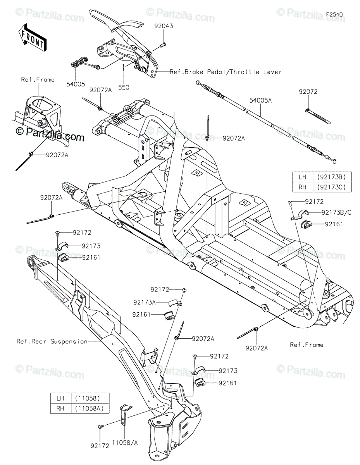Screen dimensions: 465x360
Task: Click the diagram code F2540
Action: pos(334,14)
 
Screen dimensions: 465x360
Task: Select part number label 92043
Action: pos(164,26)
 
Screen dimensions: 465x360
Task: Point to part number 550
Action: pos(124,88)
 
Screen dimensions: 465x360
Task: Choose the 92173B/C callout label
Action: pos(336,212)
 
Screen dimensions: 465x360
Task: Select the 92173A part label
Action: pos(144,302)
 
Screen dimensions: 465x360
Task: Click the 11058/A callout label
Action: pos(125,441)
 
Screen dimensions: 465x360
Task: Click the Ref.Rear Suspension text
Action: pos(52,341)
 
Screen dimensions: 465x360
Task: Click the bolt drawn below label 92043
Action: pos(162,45)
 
